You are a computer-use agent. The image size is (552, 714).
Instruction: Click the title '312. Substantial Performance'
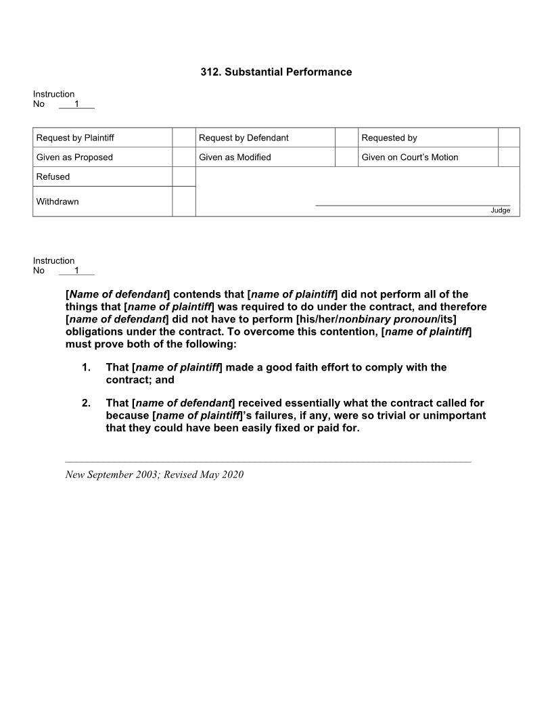(x=276, y=72)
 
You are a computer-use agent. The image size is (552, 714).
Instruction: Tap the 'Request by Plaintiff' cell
(x=75, y=138)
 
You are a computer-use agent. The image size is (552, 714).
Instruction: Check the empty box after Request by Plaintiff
(x=183, y=138)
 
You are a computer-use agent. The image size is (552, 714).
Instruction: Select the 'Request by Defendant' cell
(x=244, y=138)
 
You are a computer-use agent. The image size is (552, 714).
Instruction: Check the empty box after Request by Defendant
(x=346, y=138)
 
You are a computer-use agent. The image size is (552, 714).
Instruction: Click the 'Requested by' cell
(x=389, y=138)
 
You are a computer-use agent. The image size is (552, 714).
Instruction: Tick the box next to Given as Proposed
(x=183, y=157)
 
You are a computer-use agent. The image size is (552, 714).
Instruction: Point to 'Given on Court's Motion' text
(x=410, y=158)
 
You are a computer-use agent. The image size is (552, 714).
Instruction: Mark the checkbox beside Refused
(x=183, y=176)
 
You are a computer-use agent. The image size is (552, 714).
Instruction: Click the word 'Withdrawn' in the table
(x=57, y=201)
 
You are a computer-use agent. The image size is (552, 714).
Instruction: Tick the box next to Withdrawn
(x=183, y=201)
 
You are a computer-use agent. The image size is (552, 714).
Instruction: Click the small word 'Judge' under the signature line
(x=501, y=210)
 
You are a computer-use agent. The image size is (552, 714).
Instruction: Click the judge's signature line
(x=413, y=204)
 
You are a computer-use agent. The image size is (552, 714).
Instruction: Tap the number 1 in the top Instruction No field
(x=76, y=104)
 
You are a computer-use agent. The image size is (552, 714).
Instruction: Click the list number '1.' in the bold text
(x=86, y=368)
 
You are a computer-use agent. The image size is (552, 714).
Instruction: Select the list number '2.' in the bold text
(x=86, y=404)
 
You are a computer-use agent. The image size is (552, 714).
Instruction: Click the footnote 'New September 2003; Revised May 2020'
(x=154, y=475)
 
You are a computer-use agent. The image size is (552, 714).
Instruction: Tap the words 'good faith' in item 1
(x=290, y=368)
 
